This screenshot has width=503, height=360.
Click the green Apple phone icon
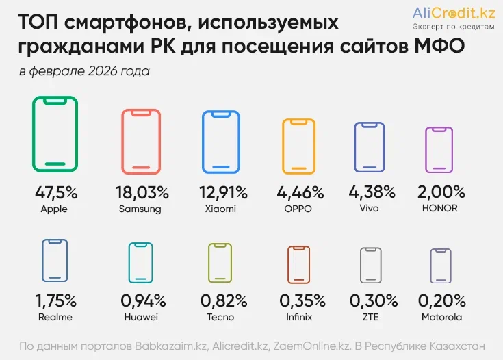coord(55,134)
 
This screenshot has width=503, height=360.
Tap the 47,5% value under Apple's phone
coord(55,192)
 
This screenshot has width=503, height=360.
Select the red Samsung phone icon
coord(140,141)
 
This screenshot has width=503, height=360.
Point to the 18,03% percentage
coord(140,192)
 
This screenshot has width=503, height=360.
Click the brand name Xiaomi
coord(220,209)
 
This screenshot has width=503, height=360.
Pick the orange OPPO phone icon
coord(298,146)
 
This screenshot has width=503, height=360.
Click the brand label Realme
coord(55,317)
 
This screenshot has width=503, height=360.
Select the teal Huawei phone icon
coord(140,261)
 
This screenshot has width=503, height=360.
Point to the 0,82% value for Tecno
coord(220,300)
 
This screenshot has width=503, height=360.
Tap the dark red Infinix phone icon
coord(298,264)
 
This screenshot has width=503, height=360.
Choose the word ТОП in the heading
coord(40,23)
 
